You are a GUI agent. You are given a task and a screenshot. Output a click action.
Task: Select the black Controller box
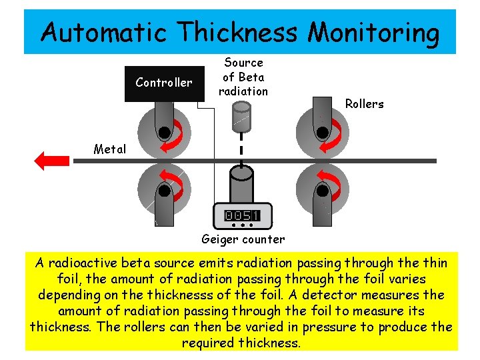pyautogui.click(x=164, y=83)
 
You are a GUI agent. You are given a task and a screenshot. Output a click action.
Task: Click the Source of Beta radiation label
pyautogui.click(x=243, y=77)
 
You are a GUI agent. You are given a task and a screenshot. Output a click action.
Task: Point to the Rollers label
pyautogui.click(x=364, y=104)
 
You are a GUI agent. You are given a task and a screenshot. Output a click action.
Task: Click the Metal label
pyautogui.click(x=109, y=149)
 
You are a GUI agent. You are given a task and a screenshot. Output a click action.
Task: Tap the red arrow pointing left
pyautogui.click(x=52, y=161)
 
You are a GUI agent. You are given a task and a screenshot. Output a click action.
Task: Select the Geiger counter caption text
pyautogui.click(x=243, y=239)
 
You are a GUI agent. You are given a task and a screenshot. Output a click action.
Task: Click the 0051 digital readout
pyautogui.click(x=242, y=215)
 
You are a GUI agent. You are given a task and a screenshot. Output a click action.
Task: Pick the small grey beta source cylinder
pyautogui.click(x=240, y=117)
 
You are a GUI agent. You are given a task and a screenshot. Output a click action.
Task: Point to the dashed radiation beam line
pyautogui.click(x=241, y=147)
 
